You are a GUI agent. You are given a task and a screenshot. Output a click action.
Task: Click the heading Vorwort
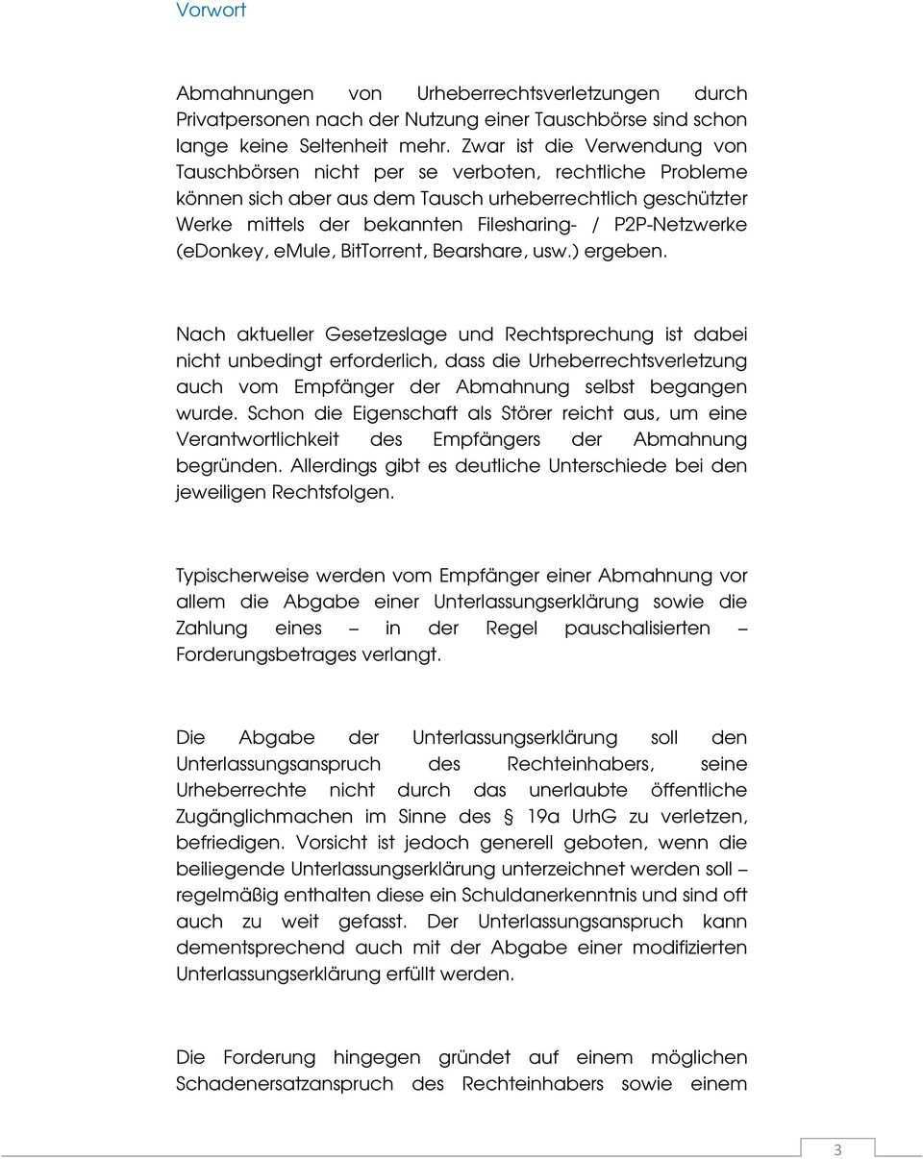(211, 11)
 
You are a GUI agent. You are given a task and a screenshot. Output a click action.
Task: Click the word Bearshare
(476, 251)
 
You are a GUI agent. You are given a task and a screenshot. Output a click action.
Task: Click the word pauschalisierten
(637, 629)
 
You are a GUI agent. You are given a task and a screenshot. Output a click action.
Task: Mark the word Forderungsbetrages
(266, 655)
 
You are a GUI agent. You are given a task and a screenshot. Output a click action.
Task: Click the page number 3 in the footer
(836, 1149)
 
